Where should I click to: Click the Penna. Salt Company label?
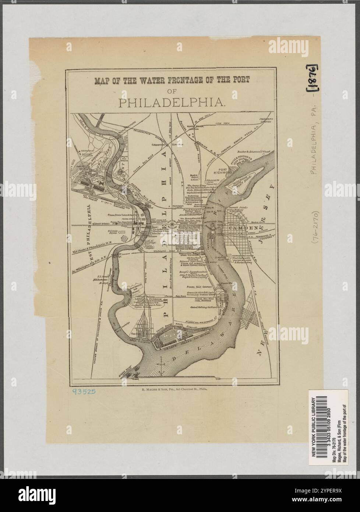198,286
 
